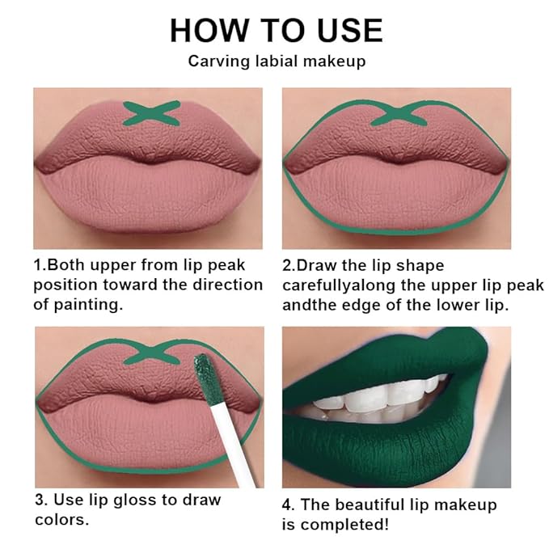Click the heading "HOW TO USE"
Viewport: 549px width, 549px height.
pos(275,30)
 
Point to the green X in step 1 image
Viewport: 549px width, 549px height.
pos(150,112)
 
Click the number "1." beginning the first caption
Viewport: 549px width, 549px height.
pos(40,265)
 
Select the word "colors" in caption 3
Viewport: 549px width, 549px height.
pos(58,518)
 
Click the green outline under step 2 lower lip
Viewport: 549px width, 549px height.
pos(396,230)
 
